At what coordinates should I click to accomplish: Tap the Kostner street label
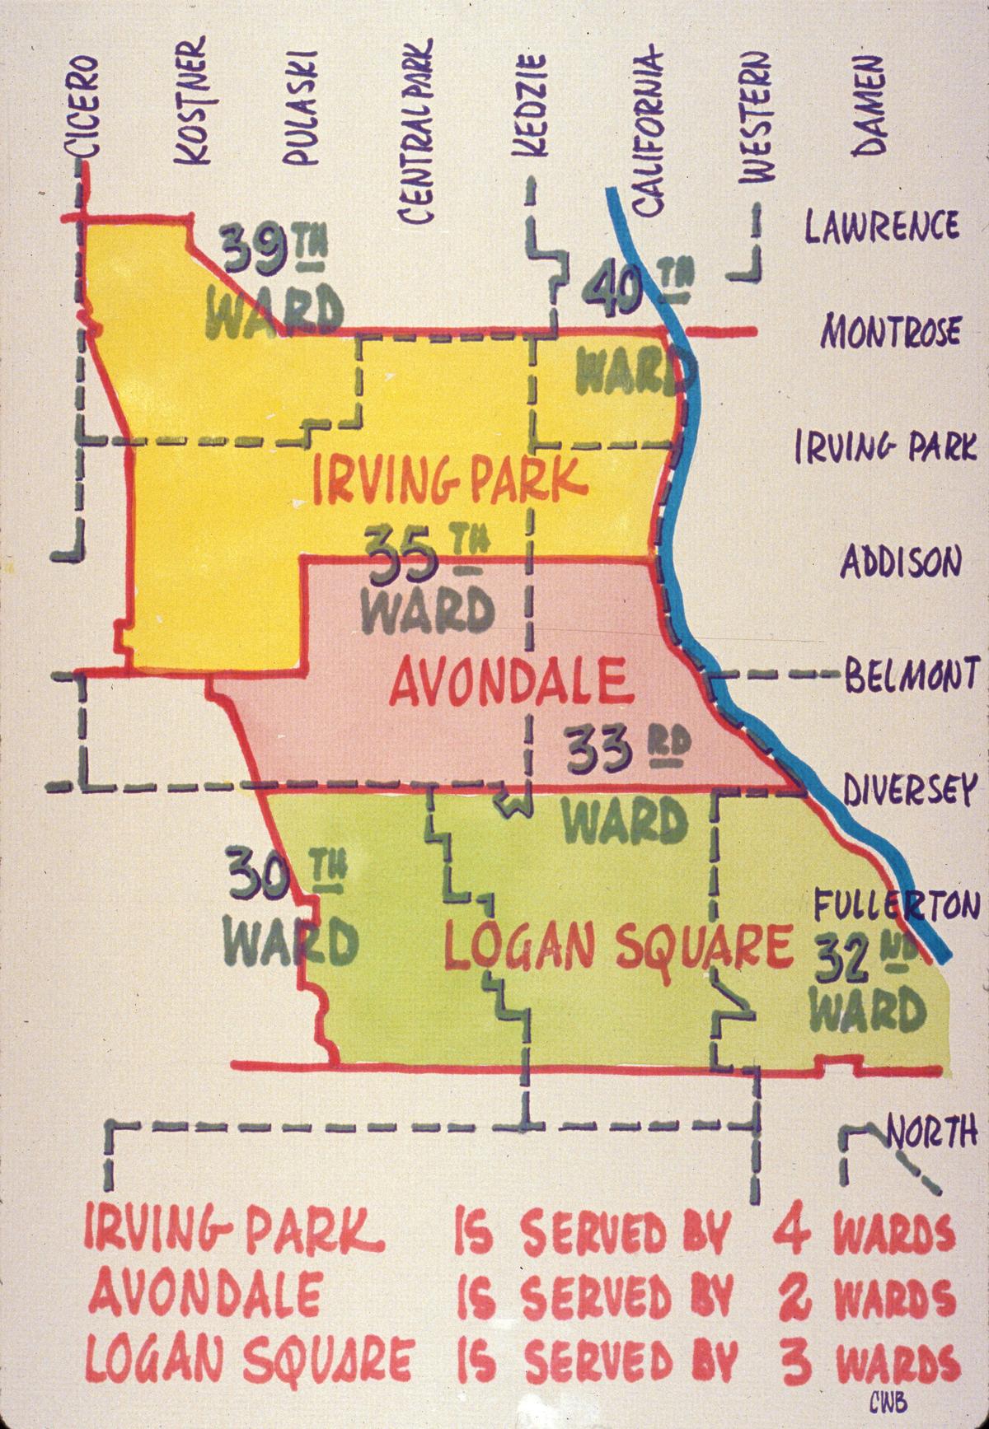pos(197,101)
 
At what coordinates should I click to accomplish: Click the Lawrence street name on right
pos(881,225)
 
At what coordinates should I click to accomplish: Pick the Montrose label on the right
pos(890,331)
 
